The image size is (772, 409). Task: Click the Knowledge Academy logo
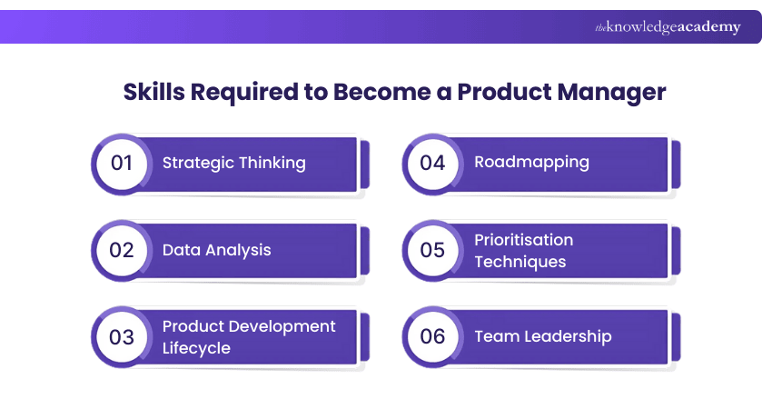668,27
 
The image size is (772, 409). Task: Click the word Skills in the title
152,93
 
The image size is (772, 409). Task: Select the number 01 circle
122,164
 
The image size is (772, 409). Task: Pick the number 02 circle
122,250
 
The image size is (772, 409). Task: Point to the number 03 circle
122,336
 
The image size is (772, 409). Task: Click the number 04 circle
432,164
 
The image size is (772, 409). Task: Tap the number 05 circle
432,250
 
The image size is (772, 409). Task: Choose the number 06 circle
432,336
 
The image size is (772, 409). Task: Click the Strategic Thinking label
233,164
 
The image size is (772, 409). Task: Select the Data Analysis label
216,250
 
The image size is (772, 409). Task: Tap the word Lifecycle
196,348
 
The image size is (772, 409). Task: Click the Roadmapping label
531,163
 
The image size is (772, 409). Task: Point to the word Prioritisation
523,240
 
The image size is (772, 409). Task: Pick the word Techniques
520,262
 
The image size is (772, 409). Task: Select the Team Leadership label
542,336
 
